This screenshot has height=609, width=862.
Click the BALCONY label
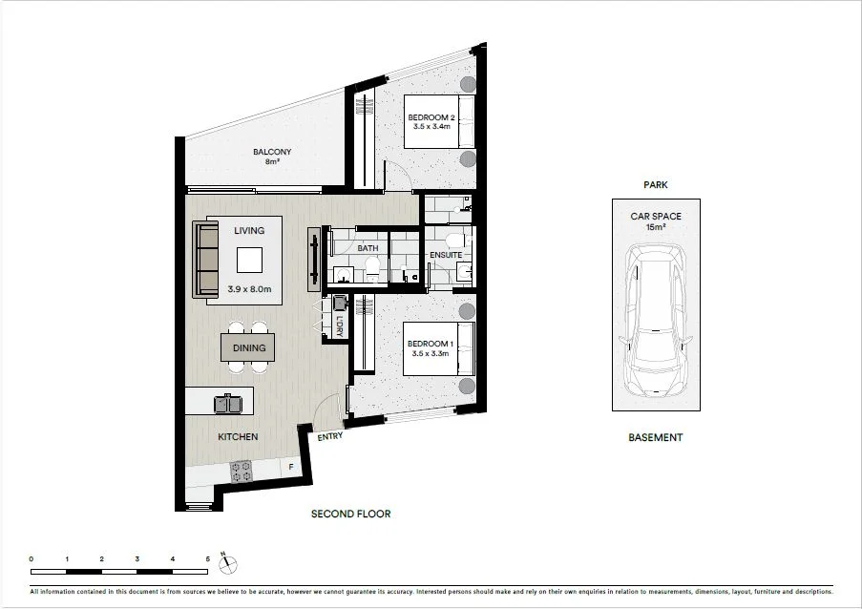272,152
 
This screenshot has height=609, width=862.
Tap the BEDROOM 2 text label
431,117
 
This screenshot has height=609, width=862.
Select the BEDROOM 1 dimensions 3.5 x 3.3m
429,353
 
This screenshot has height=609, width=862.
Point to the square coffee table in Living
250,260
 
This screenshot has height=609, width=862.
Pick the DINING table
249,348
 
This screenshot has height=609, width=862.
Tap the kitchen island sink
227,404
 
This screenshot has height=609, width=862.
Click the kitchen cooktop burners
241,472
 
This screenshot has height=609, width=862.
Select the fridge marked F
291,467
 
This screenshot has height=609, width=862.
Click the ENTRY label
330,436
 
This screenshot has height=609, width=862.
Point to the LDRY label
339,325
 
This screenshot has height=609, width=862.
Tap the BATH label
368,248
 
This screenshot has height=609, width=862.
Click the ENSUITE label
446,255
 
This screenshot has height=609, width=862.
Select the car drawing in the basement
656,321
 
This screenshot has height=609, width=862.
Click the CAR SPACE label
655,217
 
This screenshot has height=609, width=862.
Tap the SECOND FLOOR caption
351,514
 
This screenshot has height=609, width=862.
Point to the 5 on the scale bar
207,557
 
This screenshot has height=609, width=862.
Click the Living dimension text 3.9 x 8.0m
250,289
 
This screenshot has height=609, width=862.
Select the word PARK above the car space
655,185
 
